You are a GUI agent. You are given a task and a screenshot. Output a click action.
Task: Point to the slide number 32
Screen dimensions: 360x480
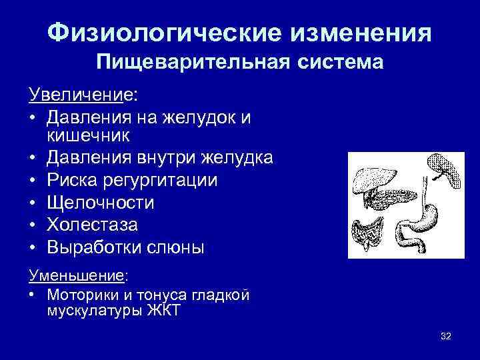[x=446, y=337]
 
